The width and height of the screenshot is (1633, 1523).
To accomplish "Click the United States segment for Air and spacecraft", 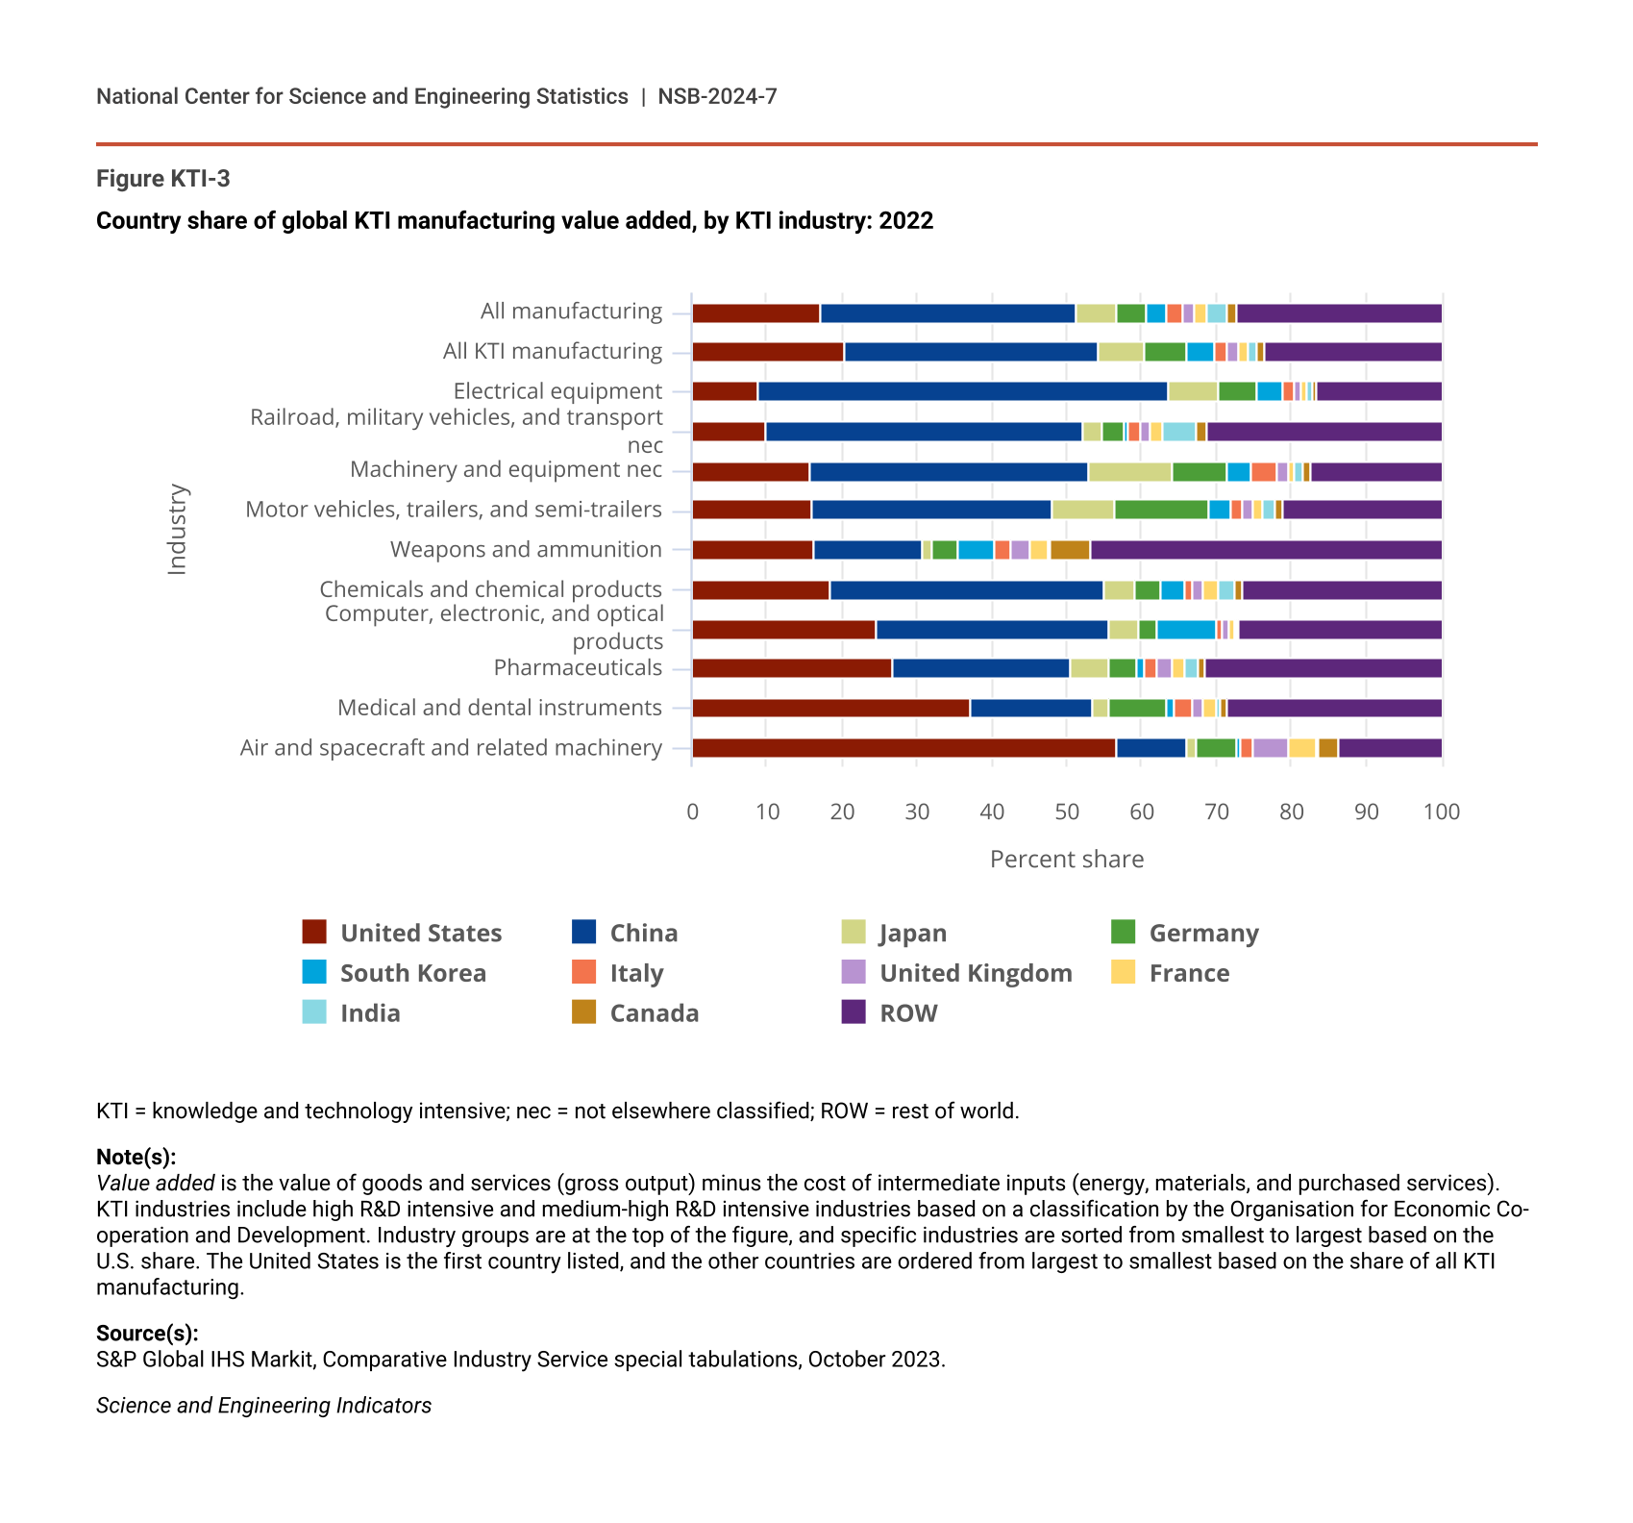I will [903, 748].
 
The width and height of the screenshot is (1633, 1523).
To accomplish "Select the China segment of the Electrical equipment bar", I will [962, 391].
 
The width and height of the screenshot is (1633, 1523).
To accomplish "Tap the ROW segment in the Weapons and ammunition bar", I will [1266, 550].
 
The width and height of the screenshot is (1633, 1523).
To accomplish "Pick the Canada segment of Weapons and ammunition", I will [1070, 550].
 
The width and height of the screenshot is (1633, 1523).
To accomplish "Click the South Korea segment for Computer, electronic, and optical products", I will [1186, 630].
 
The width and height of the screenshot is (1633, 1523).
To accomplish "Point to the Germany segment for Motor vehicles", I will [1161, 510].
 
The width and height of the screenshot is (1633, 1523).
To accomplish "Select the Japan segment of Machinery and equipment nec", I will [1129, 472].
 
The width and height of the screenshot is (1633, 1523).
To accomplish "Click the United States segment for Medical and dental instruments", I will [830, 709].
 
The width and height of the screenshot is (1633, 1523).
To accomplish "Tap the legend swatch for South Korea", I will [314, 972].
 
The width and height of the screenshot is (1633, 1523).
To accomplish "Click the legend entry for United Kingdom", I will [976, 973].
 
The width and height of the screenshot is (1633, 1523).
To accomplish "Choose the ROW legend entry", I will [908, 1013].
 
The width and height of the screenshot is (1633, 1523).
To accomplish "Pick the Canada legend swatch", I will [583, 1012].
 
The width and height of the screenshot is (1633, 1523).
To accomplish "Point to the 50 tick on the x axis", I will [1067, 811].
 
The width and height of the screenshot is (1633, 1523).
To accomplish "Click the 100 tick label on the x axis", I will [1441, 811].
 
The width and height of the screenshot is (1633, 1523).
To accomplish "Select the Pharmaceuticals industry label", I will [578, 667].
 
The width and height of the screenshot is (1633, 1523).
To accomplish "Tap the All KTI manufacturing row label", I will [553, 351].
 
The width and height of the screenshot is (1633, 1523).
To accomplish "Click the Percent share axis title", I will [1067, 859].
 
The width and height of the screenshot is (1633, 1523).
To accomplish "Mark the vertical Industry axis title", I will [177, 530].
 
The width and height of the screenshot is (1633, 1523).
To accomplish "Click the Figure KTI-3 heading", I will [163, 179].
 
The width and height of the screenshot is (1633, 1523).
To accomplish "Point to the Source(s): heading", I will [147, 1333].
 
